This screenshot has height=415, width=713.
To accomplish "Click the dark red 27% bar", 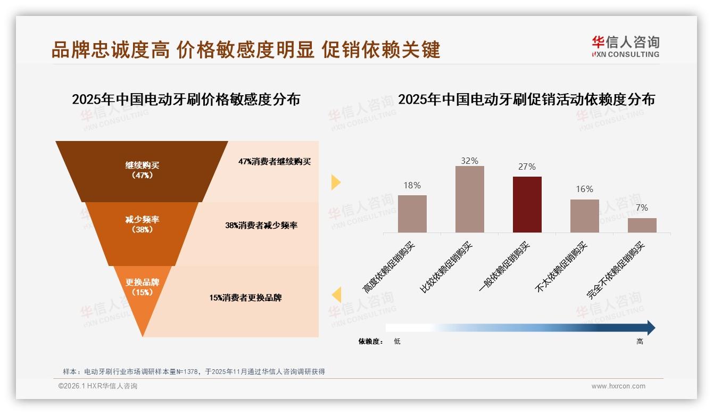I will pos(527,204).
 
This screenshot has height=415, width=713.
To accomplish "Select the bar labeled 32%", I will pos(469,199).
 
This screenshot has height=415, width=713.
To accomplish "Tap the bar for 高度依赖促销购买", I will pos(412,213).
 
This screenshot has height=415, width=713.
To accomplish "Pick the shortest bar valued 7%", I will pos(642,225).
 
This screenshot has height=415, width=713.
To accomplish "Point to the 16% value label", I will pos(584,189).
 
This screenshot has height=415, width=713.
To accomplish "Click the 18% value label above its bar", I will pos(412,185).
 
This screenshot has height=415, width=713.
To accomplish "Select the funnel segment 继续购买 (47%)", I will pos(142,170).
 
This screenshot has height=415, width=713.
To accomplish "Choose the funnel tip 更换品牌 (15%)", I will pos(143,287).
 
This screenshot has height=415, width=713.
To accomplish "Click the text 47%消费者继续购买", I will pos(274,162).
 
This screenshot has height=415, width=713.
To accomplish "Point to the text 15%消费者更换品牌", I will pos(245,298).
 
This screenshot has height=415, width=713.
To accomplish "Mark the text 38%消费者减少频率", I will pos(261,226).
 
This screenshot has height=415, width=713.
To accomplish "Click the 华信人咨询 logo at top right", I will pos(625,46).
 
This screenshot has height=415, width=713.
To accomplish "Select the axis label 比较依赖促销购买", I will pos(446,268).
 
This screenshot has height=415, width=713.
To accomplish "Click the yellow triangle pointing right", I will pos(335,182).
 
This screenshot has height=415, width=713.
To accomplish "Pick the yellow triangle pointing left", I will pos(336,295).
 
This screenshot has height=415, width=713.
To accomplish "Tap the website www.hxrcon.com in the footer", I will pos(618,386).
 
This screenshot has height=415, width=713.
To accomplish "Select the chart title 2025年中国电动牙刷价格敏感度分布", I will pos(186,99).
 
